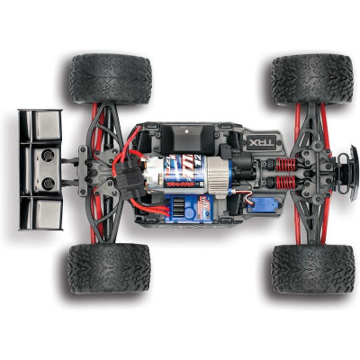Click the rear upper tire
tap(110, 79)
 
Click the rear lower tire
tap(108, 268)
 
